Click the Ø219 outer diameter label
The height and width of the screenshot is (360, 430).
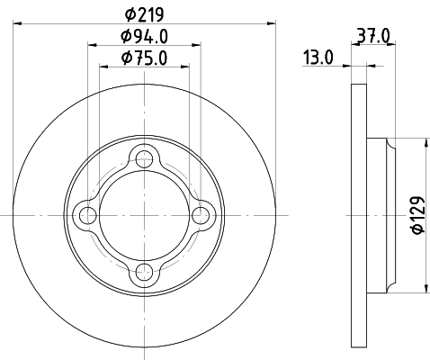coord(144,14)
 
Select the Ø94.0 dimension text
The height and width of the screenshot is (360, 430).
coord(145,38)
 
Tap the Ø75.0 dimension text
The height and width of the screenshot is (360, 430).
coord(145,59)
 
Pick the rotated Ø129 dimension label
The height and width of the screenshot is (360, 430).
coord(416,216)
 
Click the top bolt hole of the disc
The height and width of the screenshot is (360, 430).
coord(144,159)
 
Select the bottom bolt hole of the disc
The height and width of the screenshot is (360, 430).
coord(144,271)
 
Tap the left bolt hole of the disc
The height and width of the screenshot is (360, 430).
coord(88,215)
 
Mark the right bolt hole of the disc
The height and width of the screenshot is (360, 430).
coord(200,215)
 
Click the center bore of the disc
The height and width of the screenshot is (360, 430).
coord(144,215)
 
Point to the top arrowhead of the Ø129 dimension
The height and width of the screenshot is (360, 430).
coord(423,142)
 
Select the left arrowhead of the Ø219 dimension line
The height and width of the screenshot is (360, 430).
coord(19,22)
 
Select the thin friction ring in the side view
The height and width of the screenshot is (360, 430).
coord(358,215)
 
